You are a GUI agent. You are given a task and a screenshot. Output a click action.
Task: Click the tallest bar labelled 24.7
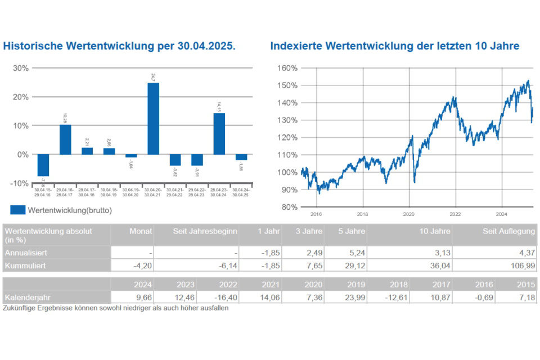coord(153,118)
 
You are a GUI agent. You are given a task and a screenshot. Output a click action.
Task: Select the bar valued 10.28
coord(65,139)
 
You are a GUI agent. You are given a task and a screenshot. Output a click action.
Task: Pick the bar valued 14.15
coord(219,133)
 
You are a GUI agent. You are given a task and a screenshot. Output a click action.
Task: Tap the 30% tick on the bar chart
coord(21,68)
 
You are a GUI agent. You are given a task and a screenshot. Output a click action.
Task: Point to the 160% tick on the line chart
coord(287,68)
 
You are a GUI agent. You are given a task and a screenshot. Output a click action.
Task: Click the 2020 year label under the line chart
coord(409,214)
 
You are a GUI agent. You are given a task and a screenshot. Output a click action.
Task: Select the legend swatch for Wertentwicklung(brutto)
coord(17,210)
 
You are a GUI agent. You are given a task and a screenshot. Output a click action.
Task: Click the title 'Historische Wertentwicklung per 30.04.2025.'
coord(119,46)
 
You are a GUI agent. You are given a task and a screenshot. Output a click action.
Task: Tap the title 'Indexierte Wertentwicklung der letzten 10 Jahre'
coord(394,46)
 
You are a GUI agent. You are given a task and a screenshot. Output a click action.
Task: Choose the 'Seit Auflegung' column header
coord(509,232)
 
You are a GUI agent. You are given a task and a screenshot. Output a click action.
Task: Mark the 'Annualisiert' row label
coord(26,253)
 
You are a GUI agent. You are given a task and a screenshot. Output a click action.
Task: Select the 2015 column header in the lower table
coord(526,284)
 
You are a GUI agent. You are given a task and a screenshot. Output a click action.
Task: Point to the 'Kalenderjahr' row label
coord(26,296)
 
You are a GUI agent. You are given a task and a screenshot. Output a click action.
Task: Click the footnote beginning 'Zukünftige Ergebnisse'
coord(115,308)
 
